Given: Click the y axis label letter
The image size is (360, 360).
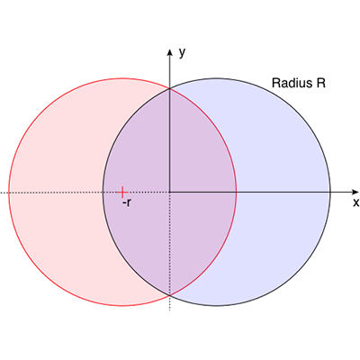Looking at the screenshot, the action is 182,53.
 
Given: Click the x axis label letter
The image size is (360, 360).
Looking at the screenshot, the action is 355,202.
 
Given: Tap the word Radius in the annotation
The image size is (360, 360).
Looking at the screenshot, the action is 290,83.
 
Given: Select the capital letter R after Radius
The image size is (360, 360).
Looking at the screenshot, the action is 320,83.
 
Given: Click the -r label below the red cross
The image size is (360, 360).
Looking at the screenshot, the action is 127,203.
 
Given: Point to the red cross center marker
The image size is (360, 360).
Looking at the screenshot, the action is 122,192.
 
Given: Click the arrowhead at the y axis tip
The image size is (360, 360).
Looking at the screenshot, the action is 170,52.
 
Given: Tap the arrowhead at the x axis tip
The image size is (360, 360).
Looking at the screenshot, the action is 355,192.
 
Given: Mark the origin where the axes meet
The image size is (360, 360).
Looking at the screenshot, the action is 170,192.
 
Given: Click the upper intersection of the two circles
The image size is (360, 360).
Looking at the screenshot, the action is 170,88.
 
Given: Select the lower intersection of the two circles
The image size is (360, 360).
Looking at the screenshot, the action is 170,295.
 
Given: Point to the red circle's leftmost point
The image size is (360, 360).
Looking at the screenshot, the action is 9,192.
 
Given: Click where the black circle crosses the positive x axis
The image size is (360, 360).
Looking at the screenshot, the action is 330,192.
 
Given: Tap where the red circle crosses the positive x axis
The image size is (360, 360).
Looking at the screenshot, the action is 237,192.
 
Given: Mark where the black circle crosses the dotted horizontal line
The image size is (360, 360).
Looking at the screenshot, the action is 103,192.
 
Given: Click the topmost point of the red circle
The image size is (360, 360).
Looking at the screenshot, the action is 122,78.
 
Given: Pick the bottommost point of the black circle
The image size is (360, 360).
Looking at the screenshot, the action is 217,306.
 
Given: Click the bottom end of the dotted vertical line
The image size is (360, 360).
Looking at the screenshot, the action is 170,310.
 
